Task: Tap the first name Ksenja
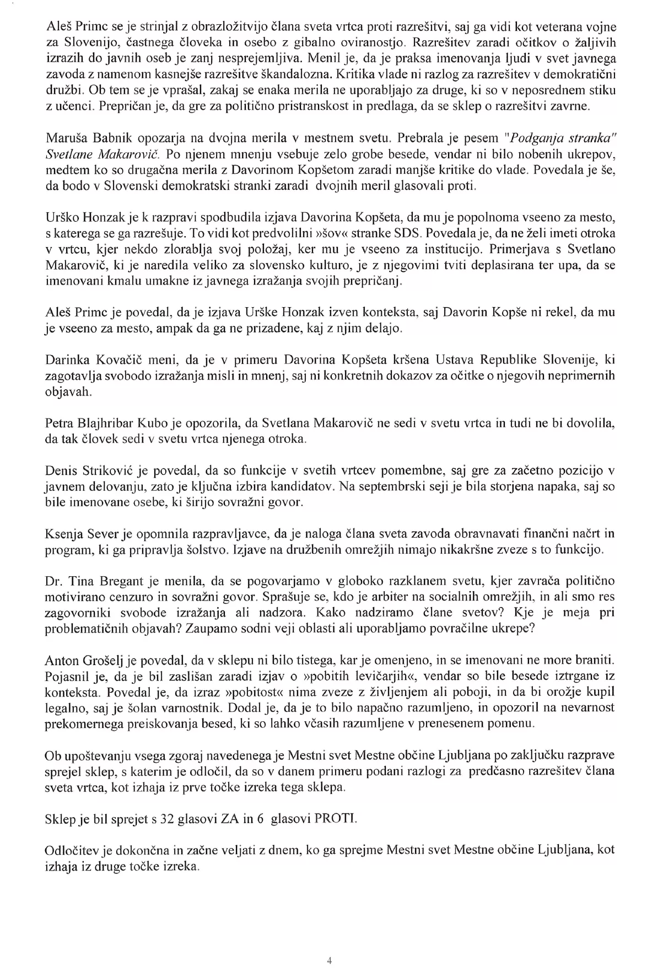point(61,534)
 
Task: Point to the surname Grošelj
point(98,660)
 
